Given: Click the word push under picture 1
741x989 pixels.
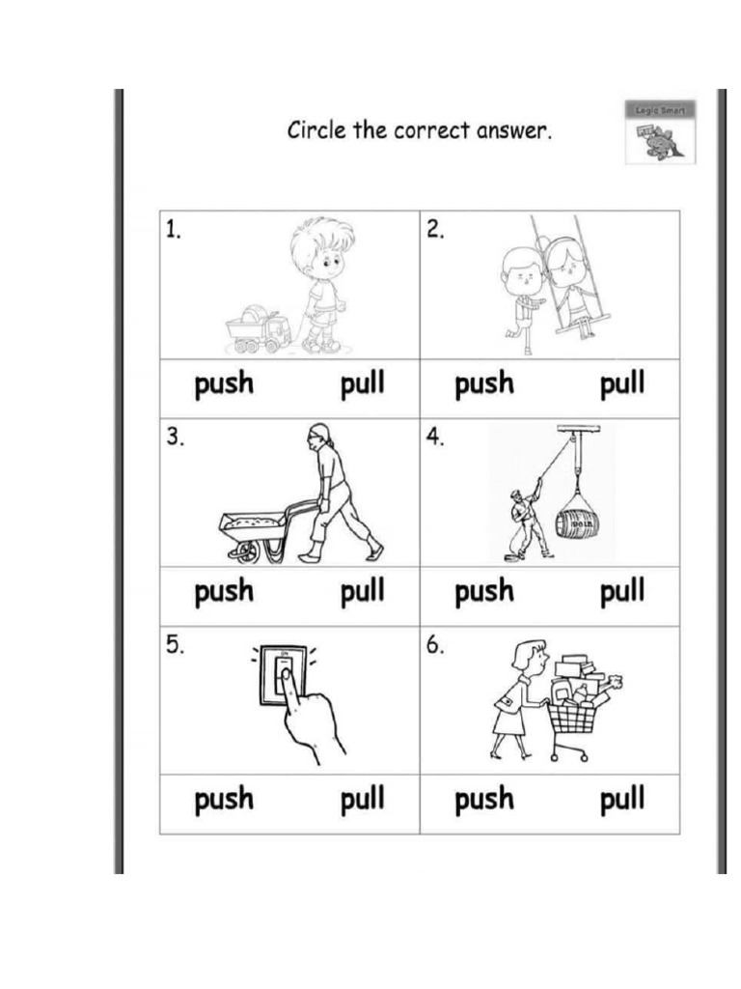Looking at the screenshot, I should tap(224, 385).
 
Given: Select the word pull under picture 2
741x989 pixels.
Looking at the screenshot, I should tap(622, 385).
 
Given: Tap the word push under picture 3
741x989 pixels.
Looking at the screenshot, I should tap(224, 592).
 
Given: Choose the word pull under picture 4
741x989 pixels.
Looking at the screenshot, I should tap(622, 592).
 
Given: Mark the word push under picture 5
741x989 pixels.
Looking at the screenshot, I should tap(224, 800).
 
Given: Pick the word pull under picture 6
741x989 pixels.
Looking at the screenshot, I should tap(622, 800).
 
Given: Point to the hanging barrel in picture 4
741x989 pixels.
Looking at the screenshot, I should tap(577, 523).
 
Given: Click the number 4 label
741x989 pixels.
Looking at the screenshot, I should tap(436, 437).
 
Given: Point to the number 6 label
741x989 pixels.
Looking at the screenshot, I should tap(436, 646).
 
